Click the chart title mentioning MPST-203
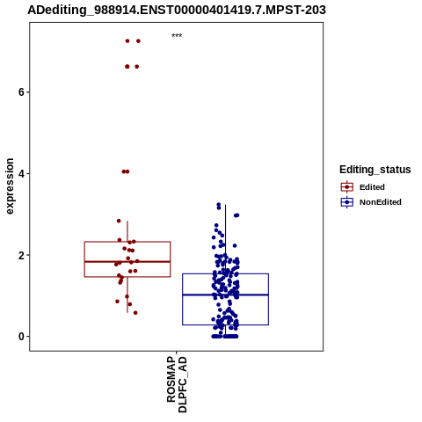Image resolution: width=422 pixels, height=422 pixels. pos(177,10)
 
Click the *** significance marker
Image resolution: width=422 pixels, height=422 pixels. pos(177,35)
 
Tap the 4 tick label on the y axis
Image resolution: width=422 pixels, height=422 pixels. pos(20,173)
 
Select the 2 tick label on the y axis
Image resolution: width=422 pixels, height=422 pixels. pos(20,255)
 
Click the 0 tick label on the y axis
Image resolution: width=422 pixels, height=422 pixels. pos(20,337)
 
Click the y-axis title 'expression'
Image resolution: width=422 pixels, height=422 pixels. pos(10,186)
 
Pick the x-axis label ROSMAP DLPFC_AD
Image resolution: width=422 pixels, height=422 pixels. pos(177,384)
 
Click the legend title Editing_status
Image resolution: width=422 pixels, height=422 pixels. pos(375,170)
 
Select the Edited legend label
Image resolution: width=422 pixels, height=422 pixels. pos(372,187)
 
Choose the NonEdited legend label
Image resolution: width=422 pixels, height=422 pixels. pos(381,202)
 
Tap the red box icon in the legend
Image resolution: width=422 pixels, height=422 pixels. pos(347,187)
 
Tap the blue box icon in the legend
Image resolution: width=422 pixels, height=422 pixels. pos(347,202)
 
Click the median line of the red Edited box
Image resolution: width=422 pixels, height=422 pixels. pos(127,261)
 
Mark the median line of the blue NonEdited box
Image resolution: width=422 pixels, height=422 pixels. pos(225,295)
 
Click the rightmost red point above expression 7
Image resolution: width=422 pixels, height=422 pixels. pos(138,41)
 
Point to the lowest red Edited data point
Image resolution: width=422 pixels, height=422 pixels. pos(135,313)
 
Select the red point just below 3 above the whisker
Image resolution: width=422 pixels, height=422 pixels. pos(119,221)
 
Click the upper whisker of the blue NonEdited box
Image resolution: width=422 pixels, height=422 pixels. pos(225,239)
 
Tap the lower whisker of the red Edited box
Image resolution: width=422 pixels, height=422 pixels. pos(127,295)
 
